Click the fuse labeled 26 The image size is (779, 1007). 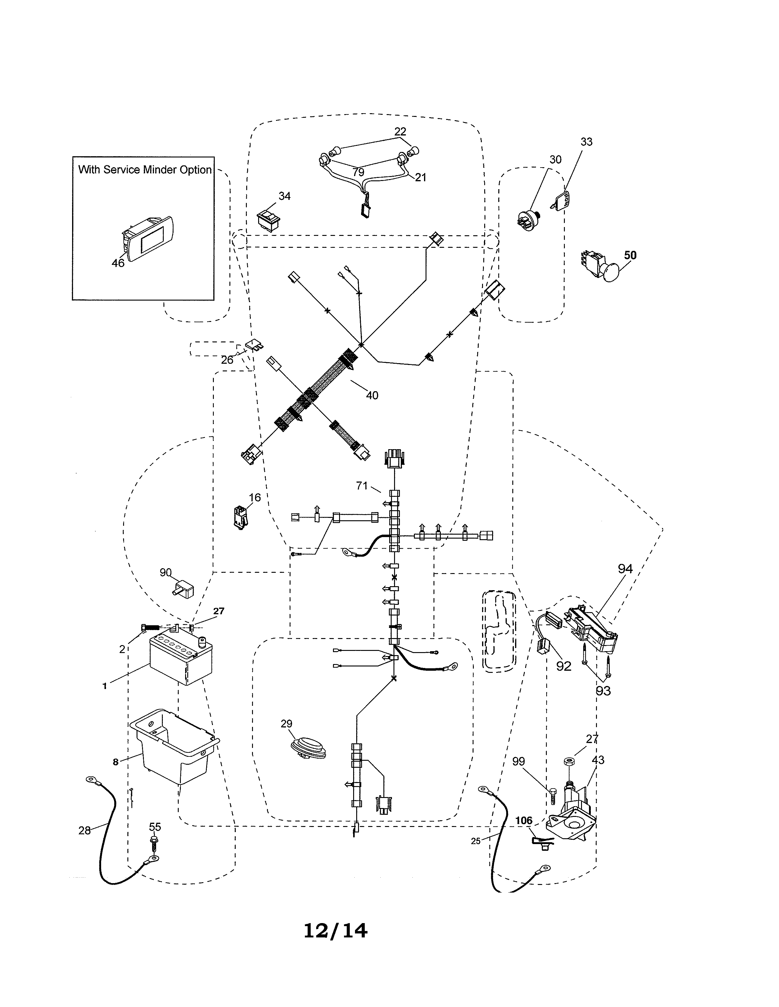point(255,345)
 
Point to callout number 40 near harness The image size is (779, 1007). point(372,395)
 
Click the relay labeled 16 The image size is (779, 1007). point(240,517)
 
